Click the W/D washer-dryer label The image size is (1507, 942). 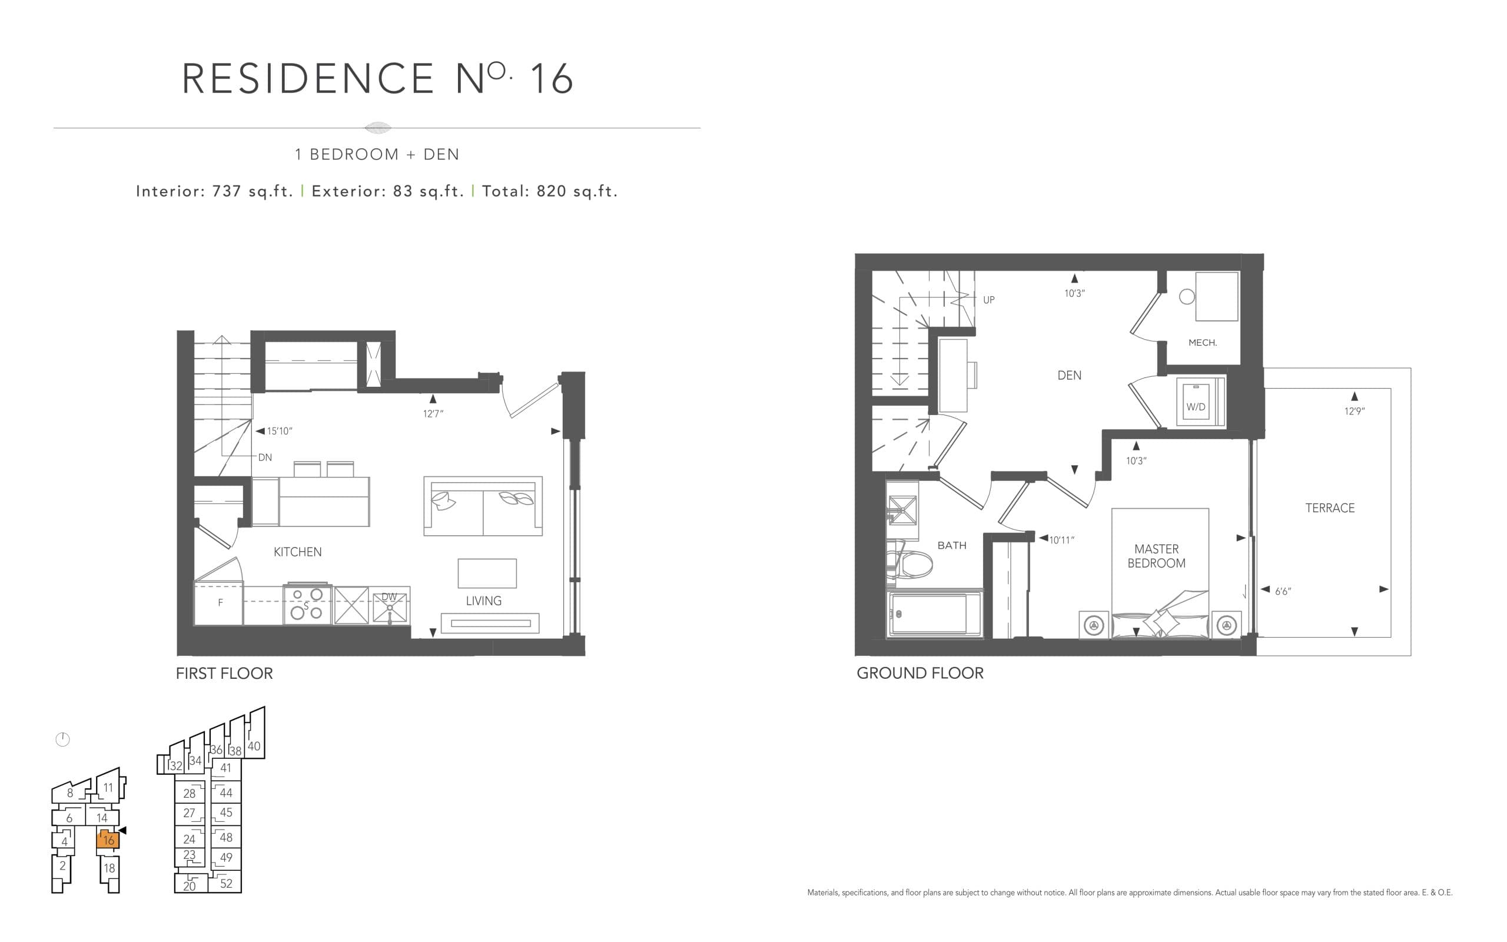tap(1195, 407)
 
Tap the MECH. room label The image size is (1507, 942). tap(1202, 343)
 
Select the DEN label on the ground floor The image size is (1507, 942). tap(1068, 375)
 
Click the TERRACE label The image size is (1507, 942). tap(1330, 508)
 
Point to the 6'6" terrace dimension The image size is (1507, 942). tap(1283, 591)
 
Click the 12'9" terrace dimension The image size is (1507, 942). tap(1354, 411)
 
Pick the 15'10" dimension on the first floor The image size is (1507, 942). tap(279, 431)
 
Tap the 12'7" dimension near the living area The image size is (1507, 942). tap(433, 414)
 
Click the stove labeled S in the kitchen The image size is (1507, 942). tap(306, 603)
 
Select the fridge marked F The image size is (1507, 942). tap(220, 602)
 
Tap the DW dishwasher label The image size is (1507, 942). tap(389, 597)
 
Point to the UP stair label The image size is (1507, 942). tap(988, 300)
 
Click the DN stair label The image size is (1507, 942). tap(265, 457)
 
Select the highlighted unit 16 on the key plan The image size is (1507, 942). tap(108, 840)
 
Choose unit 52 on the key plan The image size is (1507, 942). tap(225, 884)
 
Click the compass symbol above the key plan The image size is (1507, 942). tap(63, 739)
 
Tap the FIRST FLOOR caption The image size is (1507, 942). tap(224, 674)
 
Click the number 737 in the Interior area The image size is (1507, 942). tap(227, 191)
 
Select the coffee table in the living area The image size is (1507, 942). tap(486, 573)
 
